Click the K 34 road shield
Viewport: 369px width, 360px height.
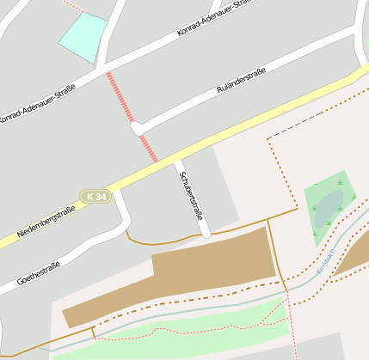(95, 197)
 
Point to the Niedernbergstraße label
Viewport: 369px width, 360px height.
(46, 222)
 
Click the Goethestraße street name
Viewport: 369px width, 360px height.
(38, 272)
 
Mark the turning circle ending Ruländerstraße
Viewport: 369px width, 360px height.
(136, 128)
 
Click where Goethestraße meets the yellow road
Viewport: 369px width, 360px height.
(120, 188)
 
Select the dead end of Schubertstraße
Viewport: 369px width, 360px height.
(206, 233)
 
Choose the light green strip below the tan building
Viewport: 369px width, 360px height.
(189, 326)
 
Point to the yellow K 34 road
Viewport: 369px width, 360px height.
(258, 119)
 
